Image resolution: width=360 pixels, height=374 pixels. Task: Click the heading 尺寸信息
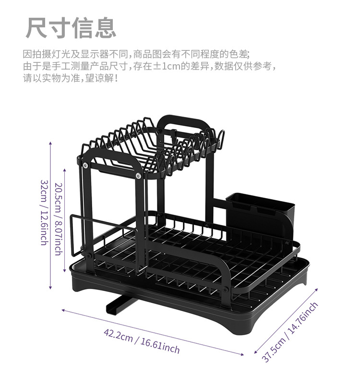[x=71, y=27]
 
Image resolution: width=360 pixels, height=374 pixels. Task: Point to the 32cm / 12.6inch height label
[x=44, y=213]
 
